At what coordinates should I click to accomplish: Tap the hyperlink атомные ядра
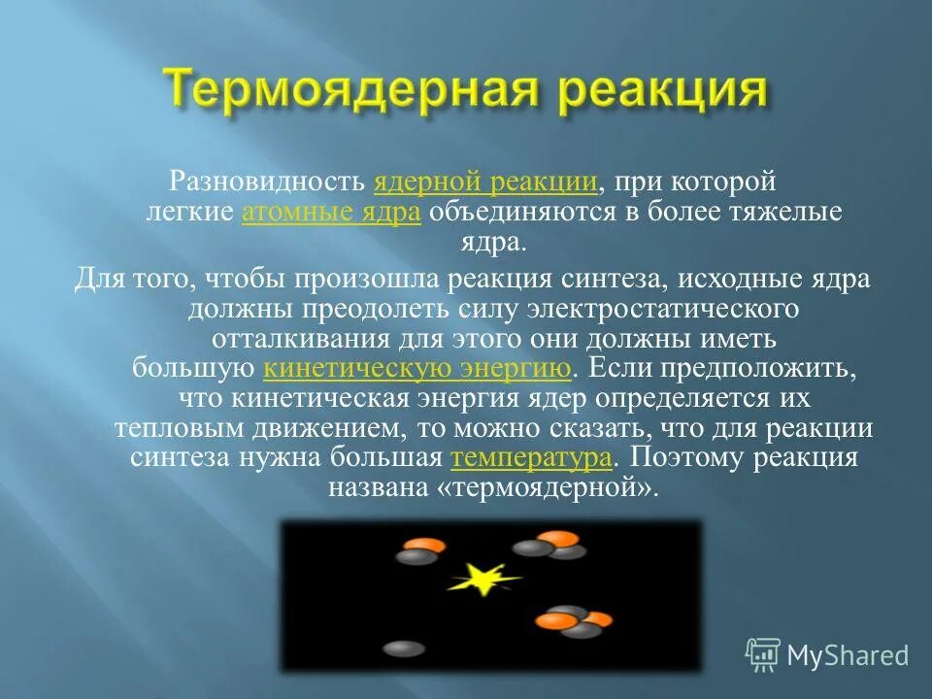click(331, 213)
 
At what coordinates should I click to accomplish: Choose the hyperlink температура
click(532, 458)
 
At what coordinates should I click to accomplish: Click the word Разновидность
click(269, 181)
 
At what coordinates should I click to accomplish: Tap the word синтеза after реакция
click(608, 279)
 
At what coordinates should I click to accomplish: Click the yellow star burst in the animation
click(480, 580)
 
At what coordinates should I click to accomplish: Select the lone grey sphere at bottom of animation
click(403, 648)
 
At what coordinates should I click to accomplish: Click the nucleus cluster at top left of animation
click(418, 550)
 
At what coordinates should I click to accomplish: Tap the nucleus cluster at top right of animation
click(551, 546)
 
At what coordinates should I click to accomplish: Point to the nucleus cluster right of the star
click(574, 620)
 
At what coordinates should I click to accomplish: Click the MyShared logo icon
click(763, 654)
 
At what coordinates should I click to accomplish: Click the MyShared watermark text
click(847, 655)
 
